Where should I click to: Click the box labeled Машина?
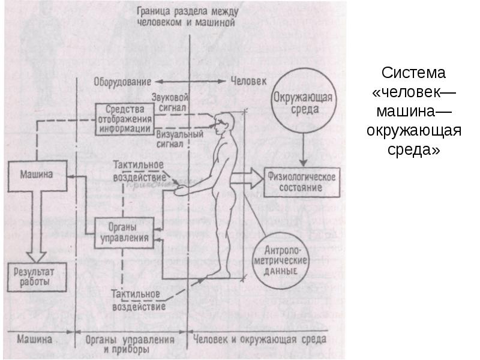coord(37,176)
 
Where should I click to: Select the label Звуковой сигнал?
coord(171,100)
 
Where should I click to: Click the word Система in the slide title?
coord(412,74)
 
